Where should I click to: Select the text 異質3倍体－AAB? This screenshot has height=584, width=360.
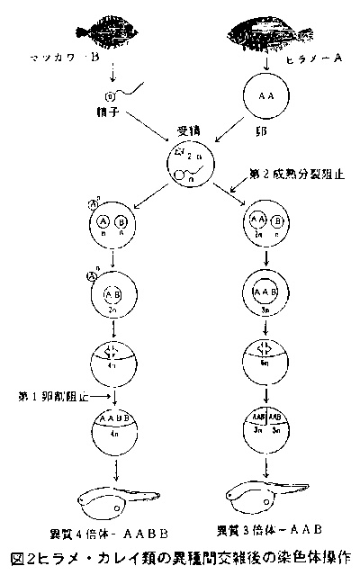click(270, 528)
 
